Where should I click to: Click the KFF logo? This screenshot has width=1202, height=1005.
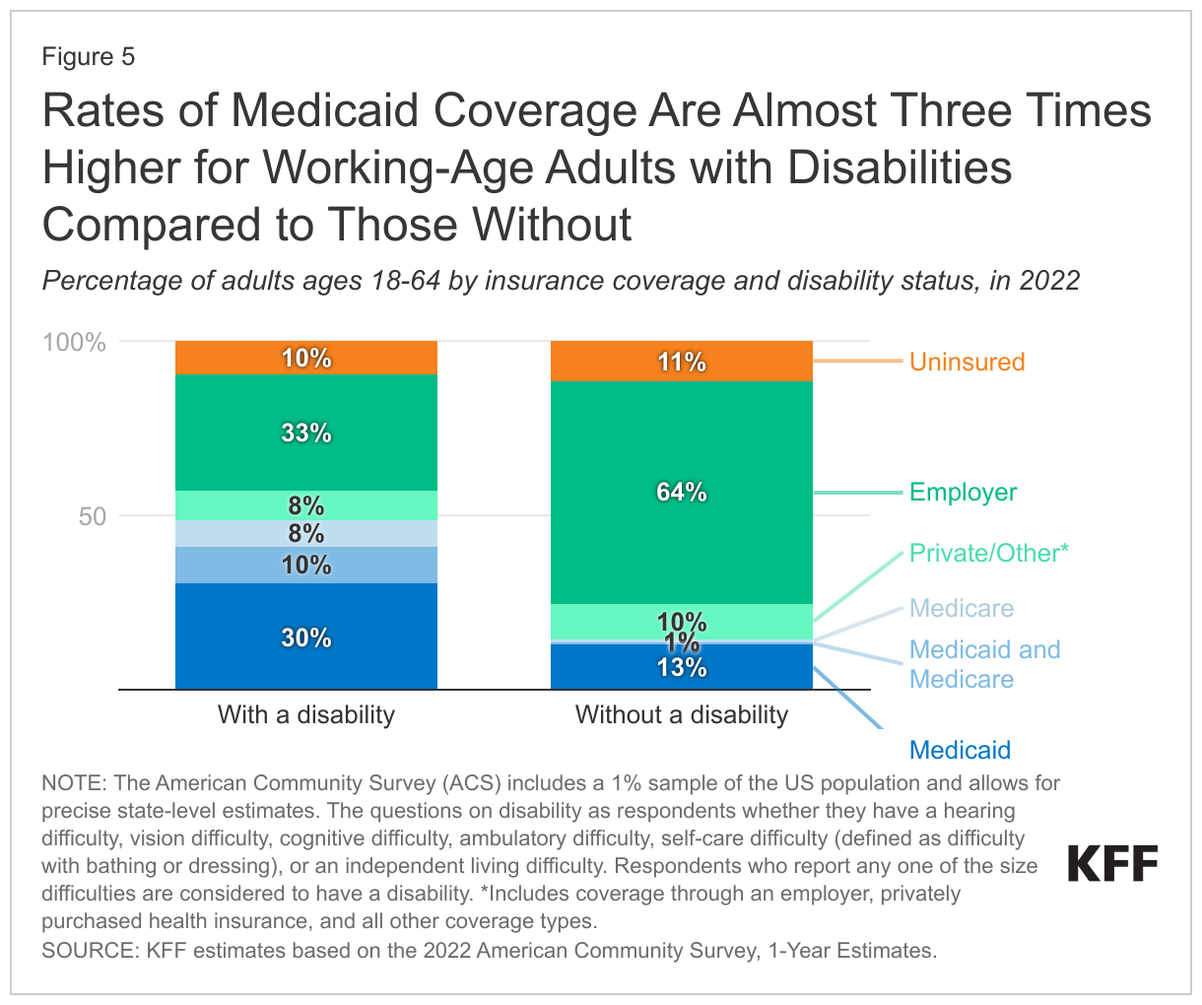pyautogui.click(x=1113, y=864)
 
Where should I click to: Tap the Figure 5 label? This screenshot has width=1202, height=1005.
pyautogui.click(x=88, y=57)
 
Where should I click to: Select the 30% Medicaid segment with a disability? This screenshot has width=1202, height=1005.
pyautogui.click(x=306, y=636)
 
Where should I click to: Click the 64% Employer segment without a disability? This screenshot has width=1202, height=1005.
pyautogui.click(x=681, y=492)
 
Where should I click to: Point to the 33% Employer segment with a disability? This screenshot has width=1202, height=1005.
pyautogui.click(x=306, y=433)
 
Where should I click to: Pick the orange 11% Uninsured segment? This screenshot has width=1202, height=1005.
pyautogui.click(x=681, y=362)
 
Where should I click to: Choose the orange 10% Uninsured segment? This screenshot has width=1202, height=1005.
pyautogui.click(x=306, y=358)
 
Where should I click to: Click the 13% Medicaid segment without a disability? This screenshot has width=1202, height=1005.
pyautogui.click(x=681, y=667)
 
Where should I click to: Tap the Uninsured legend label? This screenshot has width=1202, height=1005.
pyautogui.click(x=967, y=362)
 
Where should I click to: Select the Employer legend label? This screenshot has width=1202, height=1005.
pyautogui.click(x=963, y=492)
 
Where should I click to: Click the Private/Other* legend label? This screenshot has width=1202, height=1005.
pyautogui.click(x=988, y=553)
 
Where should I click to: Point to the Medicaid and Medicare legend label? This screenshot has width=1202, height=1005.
pyautogui.click(x=984, y=664)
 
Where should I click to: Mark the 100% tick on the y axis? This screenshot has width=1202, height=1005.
pyautogui.click(x=74, y=342)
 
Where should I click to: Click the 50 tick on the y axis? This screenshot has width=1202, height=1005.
pyautogui.click(x=92, y=515)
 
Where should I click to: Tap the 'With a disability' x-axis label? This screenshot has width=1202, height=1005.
pyautogui.click(x=306, y=714)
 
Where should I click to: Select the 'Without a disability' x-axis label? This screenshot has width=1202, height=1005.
pyautogui.click(x=681, y=714)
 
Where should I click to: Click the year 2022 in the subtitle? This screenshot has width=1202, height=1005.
pyautogui.click(x=1049, y=281)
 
